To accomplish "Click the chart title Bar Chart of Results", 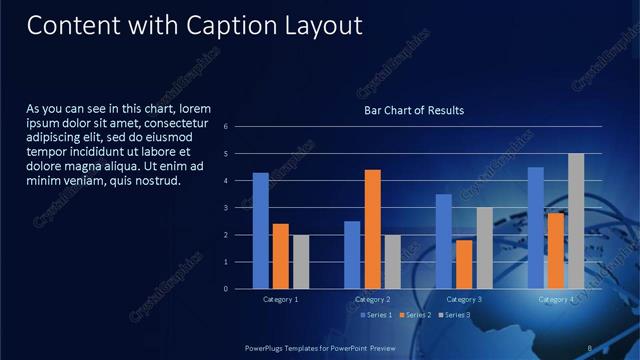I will (414, 110).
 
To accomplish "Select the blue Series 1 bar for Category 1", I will (260, 230).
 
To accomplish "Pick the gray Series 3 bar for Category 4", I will (576, 221).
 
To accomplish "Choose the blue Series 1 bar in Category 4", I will (536, 228).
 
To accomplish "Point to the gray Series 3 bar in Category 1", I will (301, 262).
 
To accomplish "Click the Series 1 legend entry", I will (376, 315).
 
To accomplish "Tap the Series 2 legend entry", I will (416, 315).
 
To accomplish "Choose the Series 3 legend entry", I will (456, 315).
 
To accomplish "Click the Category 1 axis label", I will (280, 299).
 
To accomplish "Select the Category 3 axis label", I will (464, 299).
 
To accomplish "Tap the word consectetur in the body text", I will (175, 123).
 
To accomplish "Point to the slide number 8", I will (590, 347).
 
